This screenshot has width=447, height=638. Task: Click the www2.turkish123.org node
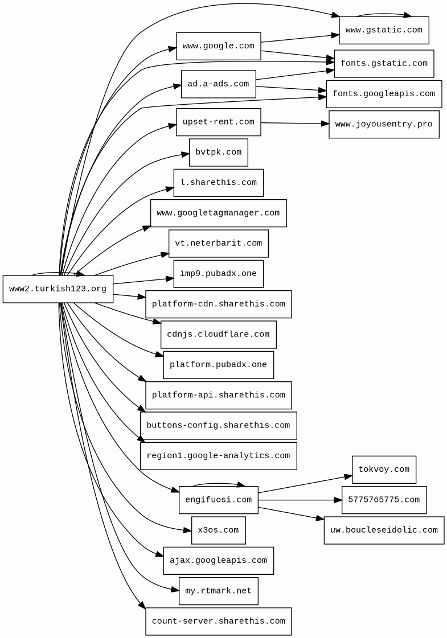[x=58, y=289]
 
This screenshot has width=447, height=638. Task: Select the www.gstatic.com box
[x=384, y=30]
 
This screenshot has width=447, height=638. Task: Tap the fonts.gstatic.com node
[x=384, y=64]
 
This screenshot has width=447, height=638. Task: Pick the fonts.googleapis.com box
[x=384, y=94]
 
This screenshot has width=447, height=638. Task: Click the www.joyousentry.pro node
[x=384, y=125]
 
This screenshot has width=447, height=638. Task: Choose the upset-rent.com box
[x=219, y=122]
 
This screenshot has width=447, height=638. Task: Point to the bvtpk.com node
[x=219, y=153]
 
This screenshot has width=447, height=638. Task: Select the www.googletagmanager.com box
[x=219, y=213]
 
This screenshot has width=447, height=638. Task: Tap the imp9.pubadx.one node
[x=219, y=274]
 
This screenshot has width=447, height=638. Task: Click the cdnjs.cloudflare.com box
[x=219, y=335]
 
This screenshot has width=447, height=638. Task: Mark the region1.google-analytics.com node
[x=219, y=456]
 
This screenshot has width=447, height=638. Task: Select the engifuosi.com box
[x=219, y=500]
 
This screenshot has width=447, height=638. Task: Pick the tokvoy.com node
[x=384, y=470]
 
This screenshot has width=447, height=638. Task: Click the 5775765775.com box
[x=384, y=500]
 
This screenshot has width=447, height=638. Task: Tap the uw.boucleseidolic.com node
[x=384, y=530]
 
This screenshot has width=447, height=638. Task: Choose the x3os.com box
[x=219, y=530]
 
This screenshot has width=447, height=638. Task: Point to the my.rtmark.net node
[x=219, y=591]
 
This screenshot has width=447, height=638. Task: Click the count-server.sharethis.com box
[x=219, y=621]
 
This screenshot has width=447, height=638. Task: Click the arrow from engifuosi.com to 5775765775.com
[x=300, y=500]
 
